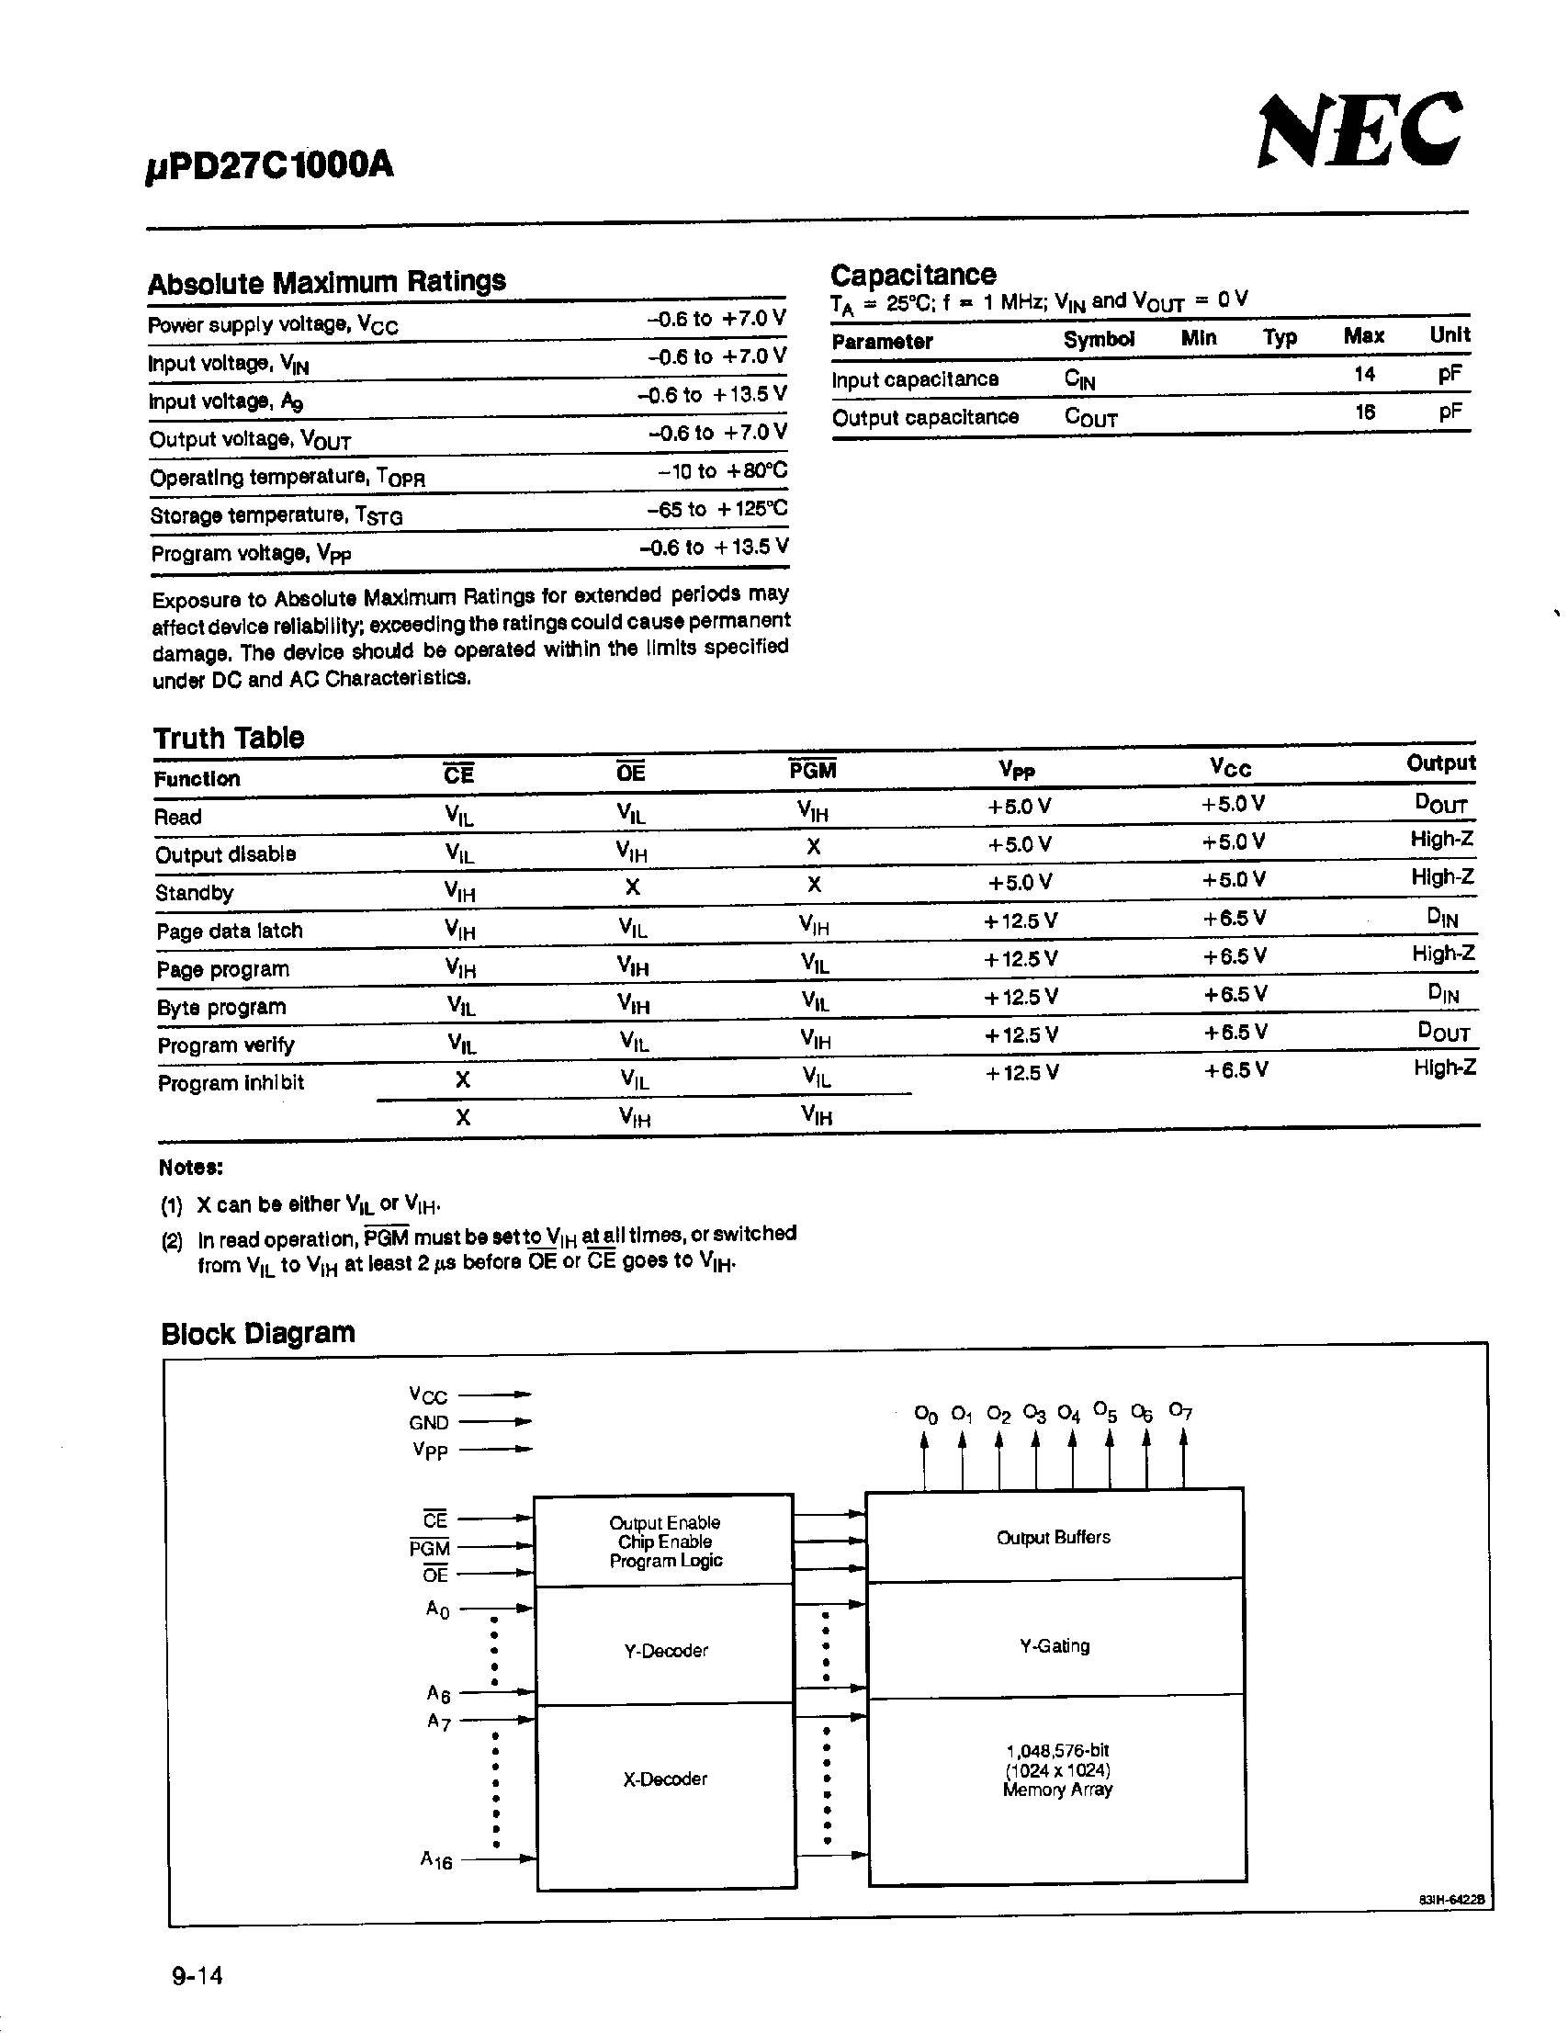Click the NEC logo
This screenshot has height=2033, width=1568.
(1359, 131)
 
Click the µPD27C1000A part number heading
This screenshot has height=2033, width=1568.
(270, 166)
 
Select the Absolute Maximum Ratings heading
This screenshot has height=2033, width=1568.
(327, 281)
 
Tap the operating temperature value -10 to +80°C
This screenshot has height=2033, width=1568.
(722, 471)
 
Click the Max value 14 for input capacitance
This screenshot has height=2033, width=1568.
(1364, 374)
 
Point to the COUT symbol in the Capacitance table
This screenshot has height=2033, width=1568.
(1090, 417)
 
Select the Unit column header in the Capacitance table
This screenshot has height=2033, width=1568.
(1449, 335)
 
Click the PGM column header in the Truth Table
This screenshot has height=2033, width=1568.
(812, 771)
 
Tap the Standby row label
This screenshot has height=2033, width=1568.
(195, 893)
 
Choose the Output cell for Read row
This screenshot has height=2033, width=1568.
(1441, 803)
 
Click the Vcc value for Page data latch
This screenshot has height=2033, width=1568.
(1234, 919)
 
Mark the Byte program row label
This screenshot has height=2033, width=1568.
(221, 1007)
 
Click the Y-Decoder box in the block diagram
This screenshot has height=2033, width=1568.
(665, 1651)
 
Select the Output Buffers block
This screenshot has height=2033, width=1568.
(1054, 1538)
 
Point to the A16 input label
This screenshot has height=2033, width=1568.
(435, 1860)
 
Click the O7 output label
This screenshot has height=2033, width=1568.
(1180, 1411)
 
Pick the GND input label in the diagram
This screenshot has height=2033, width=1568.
(428, 1422)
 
